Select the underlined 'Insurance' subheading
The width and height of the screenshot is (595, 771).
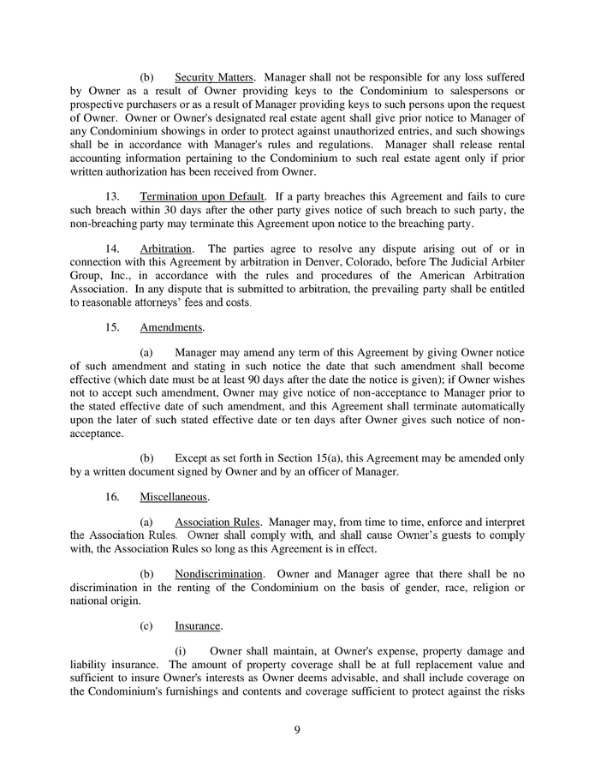(x=197, y=625)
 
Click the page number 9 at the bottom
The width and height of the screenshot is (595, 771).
(x=297, y=729)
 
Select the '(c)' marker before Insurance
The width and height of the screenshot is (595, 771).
(x=146, y=625)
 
